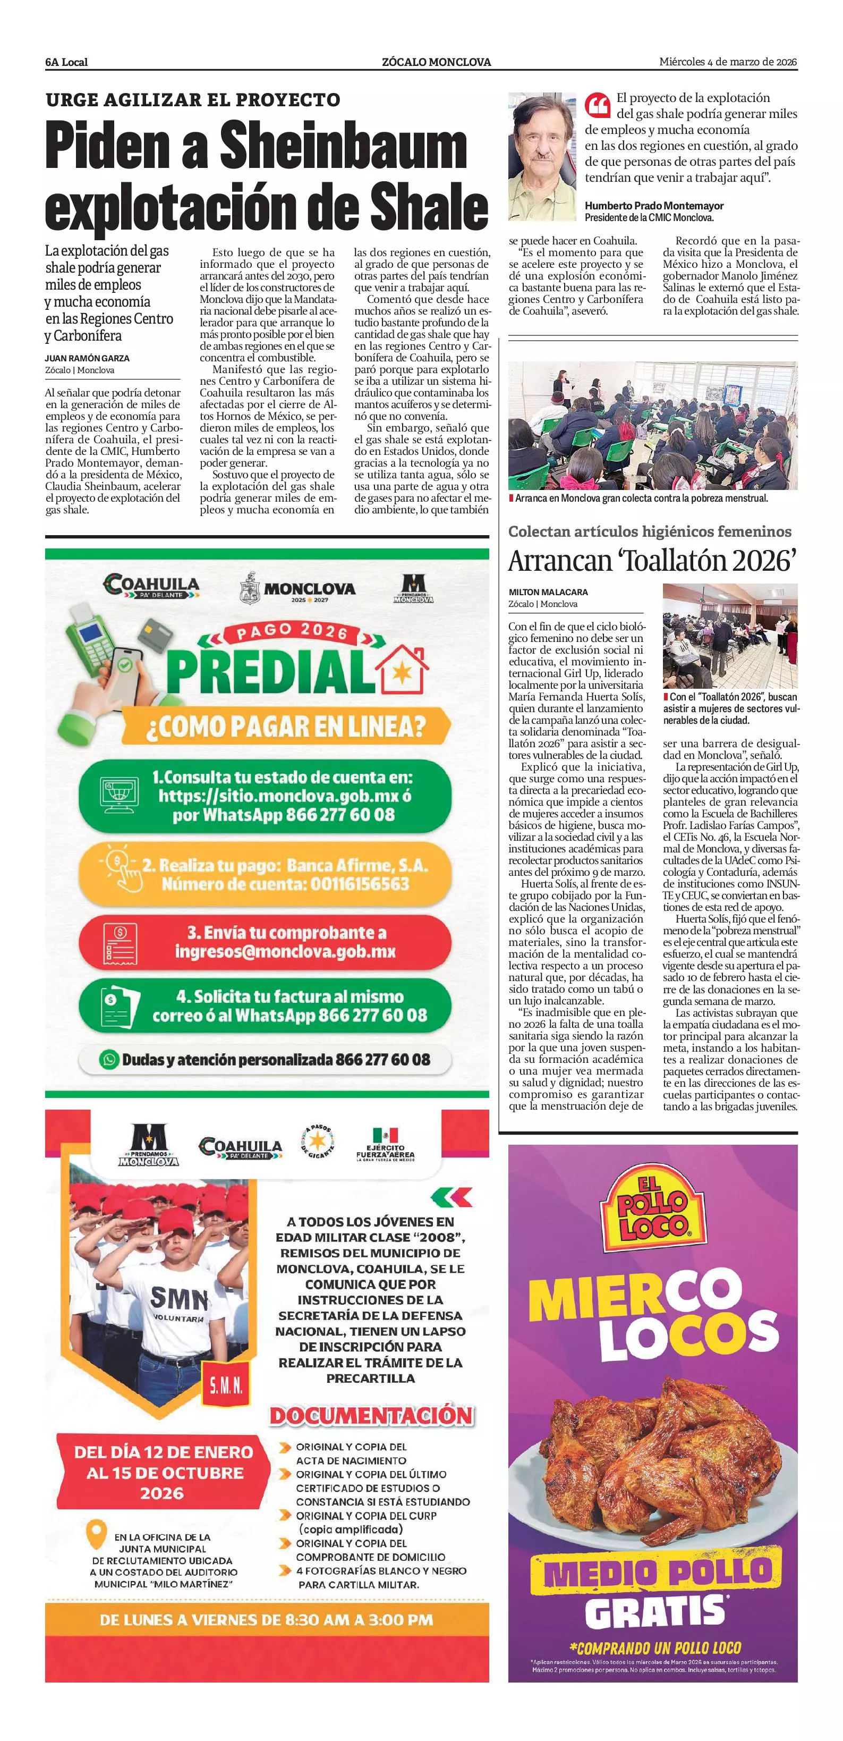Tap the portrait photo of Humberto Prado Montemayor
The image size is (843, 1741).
coord(542,157)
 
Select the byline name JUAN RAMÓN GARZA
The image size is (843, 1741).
coord(87,358)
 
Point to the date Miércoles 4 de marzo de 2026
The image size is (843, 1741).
coord(728,62)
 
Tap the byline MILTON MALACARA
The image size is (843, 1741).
coord(548,592)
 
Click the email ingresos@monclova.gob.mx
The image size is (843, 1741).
coord(285,952)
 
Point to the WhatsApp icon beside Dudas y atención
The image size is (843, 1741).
coord(109,1059)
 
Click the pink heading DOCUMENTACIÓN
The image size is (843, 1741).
coord(371,1416)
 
